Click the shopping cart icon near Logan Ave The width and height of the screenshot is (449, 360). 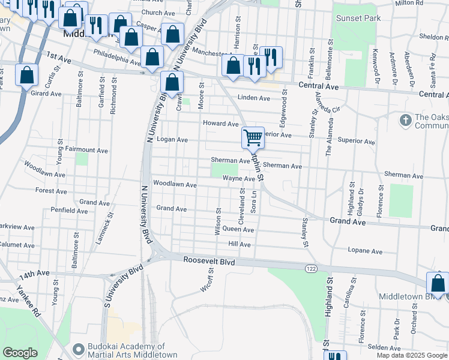coord(253,137)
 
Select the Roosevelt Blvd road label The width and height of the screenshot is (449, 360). coord(209,262)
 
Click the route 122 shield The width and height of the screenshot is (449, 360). coord(310,268)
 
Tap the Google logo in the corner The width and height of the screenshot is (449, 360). coord(20,352)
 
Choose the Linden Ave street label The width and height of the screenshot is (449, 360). coord(253,98)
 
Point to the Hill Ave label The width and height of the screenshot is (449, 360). coord(239,245)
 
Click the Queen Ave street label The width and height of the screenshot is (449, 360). coord(238,230)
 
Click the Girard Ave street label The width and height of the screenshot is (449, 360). coord(46,94)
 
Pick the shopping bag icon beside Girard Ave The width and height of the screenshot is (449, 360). coord(26,76)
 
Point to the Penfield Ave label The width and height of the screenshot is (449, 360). coord(69,211)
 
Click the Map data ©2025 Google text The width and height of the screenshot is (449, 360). coord(411,355)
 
